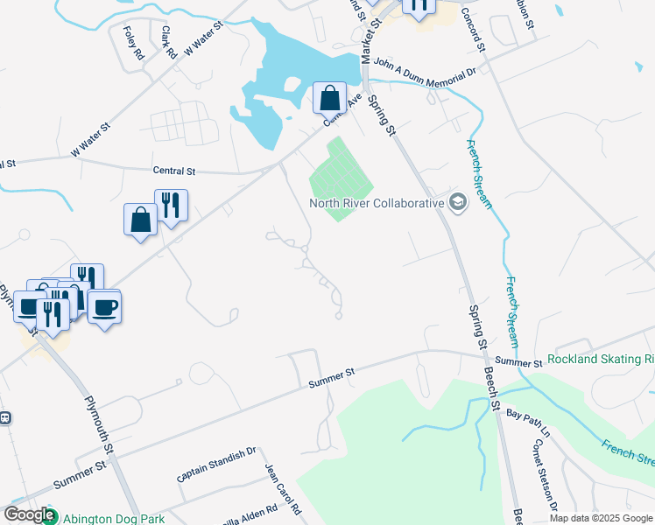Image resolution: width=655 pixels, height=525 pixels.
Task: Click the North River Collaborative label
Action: (377, 203)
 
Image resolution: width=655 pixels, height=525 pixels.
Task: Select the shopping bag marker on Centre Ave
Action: (329, 97)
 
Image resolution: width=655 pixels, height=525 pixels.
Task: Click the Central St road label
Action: (173, 171)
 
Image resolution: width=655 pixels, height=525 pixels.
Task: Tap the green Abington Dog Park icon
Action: (50, 517)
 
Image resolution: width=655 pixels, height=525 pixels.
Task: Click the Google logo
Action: (29, 514)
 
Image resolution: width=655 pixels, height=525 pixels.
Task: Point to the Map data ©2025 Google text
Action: (601, 518)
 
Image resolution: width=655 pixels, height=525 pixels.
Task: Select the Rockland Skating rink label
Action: (601, 359)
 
